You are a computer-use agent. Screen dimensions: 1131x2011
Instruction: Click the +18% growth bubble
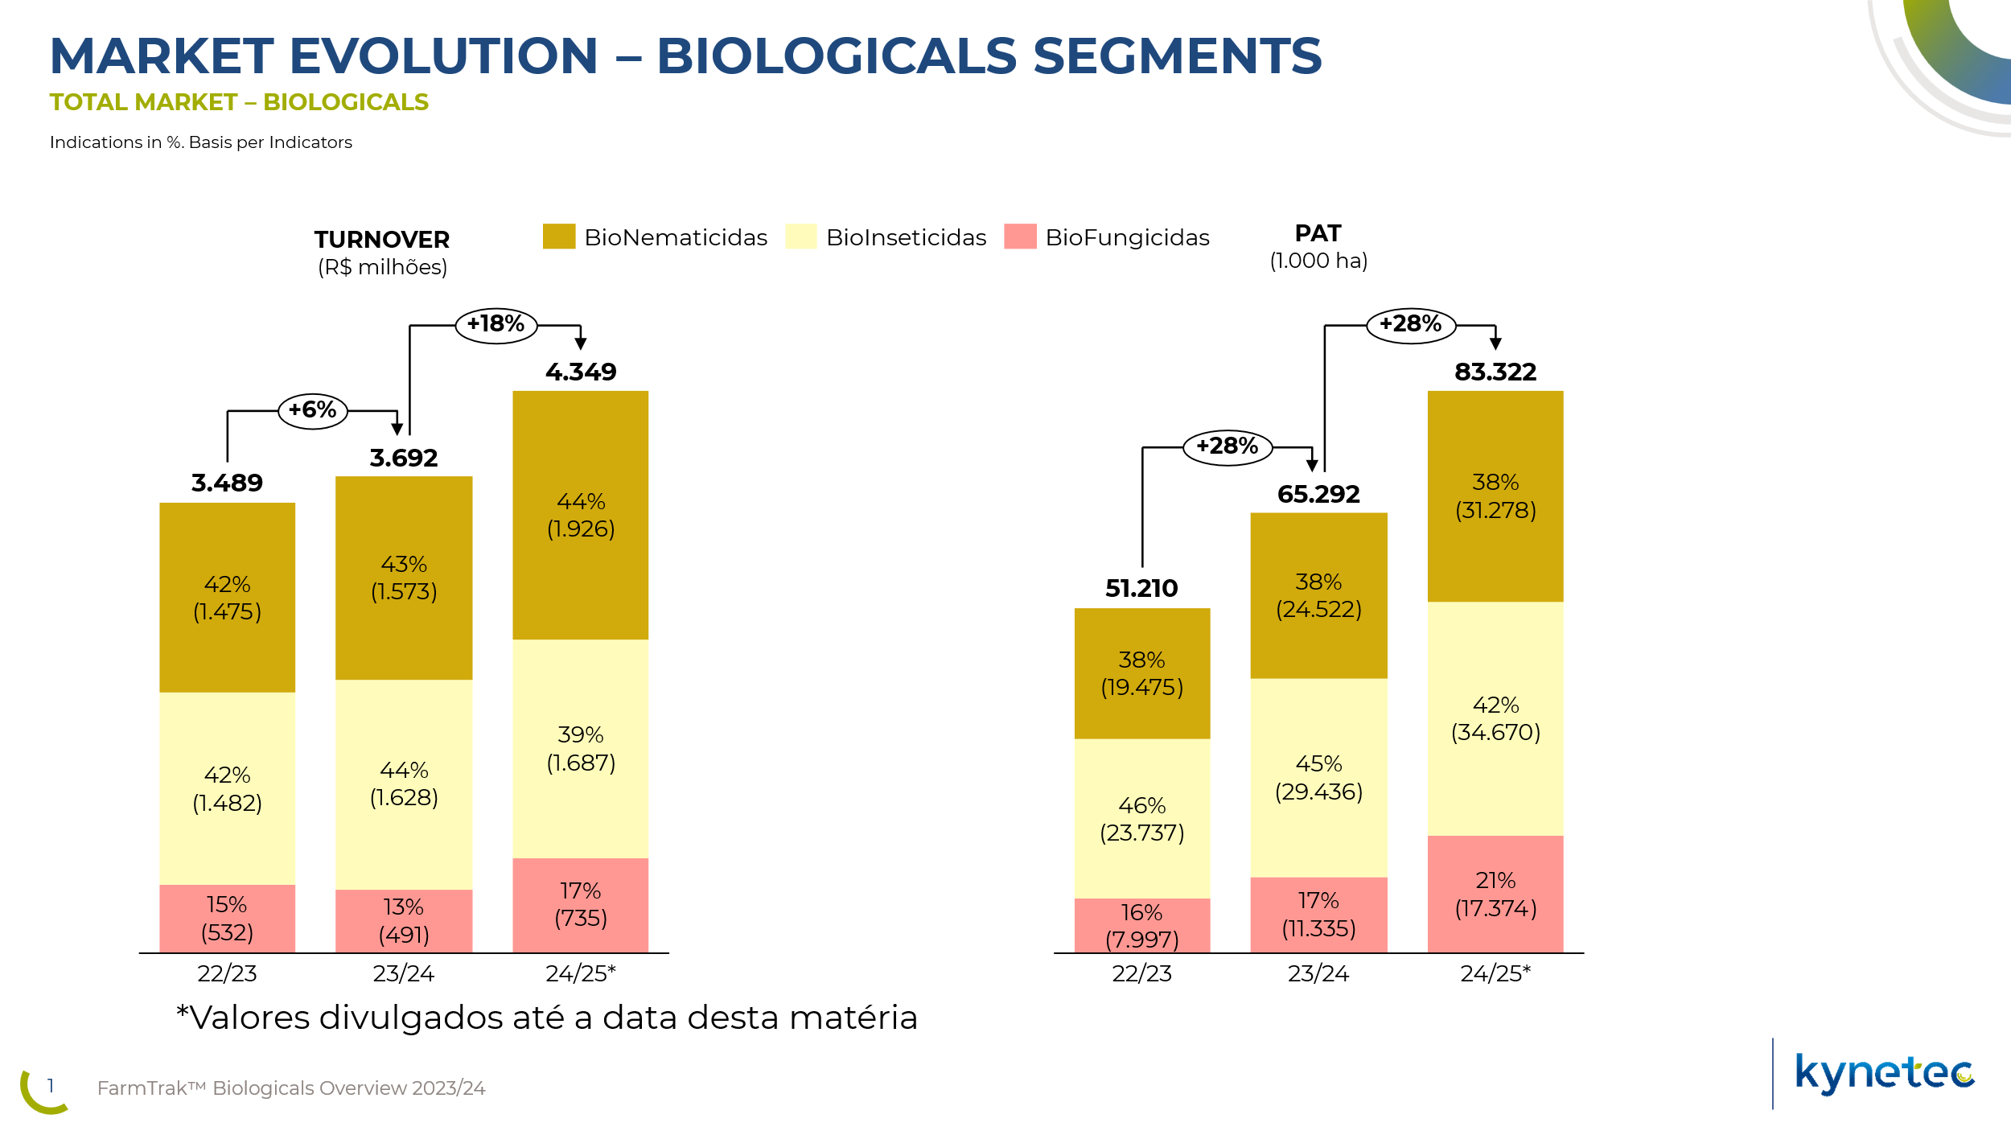496,325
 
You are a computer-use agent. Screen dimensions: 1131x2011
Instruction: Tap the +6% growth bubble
312,410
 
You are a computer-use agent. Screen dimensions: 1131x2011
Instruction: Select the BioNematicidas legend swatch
558,236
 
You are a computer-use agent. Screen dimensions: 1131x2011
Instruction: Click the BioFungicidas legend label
1126,237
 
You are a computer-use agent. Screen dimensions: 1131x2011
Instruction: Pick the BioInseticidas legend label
906,237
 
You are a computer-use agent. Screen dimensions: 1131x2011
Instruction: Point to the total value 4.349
580,372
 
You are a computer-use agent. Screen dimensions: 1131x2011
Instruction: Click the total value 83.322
1495,372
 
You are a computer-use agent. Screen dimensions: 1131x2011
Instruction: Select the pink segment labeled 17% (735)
580,904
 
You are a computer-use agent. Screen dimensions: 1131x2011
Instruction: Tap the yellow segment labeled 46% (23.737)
1141,818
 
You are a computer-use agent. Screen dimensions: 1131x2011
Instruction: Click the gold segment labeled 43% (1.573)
403,578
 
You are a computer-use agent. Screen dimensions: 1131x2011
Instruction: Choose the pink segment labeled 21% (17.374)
1495,894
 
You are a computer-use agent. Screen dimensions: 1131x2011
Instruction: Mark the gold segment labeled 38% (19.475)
1141,673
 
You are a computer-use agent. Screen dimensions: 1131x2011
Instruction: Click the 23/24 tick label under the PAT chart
1318,973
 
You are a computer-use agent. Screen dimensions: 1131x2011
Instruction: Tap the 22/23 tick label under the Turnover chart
227,973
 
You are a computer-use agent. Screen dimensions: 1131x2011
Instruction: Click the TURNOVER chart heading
381,240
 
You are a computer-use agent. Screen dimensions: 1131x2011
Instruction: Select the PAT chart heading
1318,233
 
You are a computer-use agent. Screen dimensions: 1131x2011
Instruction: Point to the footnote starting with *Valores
546,1018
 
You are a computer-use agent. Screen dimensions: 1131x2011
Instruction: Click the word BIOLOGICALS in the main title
837,56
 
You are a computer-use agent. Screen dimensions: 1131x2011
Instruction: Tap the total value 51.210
1141,588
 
